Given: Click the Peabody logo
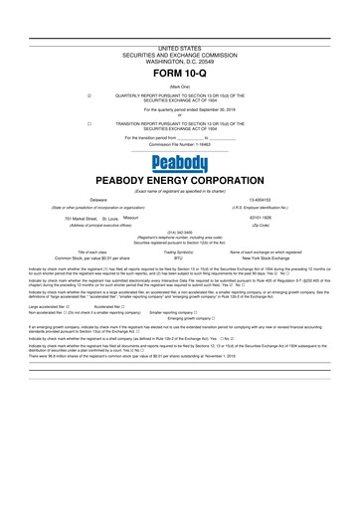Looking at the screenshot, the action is pyautogui.click(x=179, y=163).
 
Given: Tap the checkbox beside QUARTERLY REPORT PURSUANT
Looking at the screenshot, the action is pyautogui.click(x=90, y=96).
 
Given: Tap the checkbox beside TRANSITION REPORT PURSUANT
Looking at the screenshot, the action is pyautogui.click(x=90, y=123).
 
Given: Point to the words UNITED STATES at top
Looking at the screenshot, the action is pyautogui.click(x=179, y=48).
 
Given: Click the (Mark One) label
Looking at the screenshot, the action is pyautogui.click(x=179, y=86).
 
